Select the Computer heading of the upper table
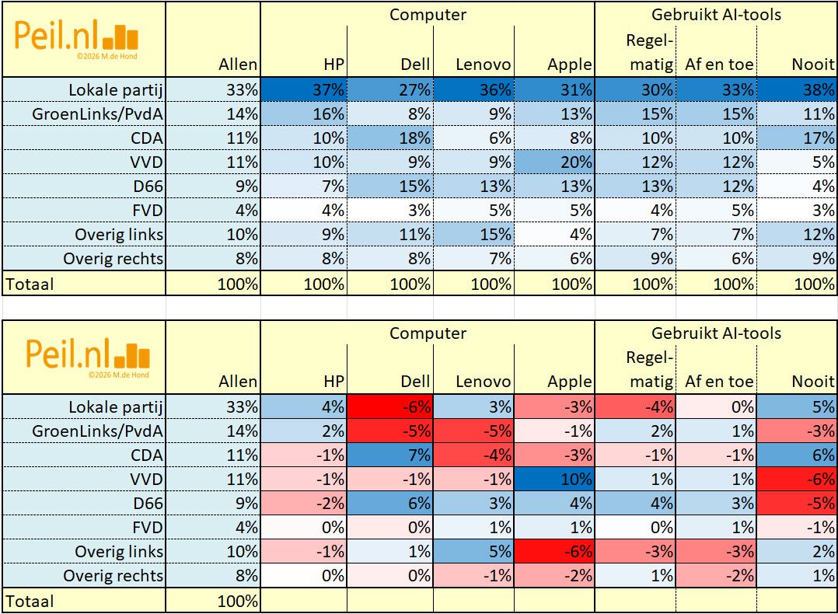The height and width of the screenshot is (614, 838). click(x=428, y=14)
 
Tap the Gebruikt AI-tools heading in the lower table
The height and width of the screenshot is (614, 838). click(x=717, y=333)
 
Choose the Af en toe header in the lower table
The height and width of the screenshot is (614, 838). click(x=719, y=382)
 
